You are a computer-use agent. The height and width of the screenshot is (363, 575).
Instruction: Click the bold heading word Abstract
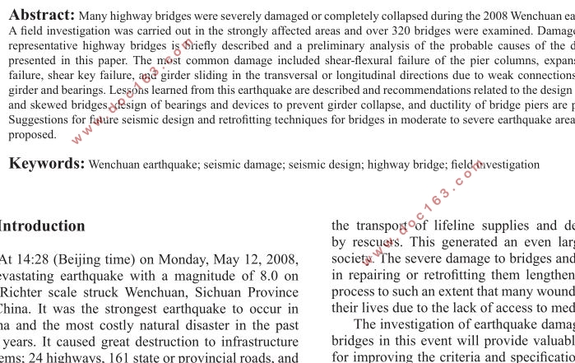pyautogui.click(x=42, y=14)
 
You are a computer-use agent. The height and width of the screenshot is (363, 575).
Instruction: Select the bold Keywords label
pyautogui.click(x=47, y=163)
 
